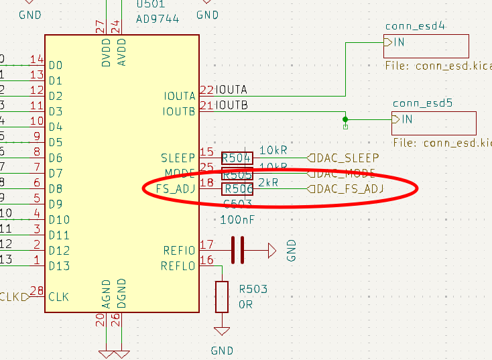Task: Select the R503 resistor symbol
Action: [x=222, y=296]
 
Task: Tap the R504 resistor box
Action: [x=237, y=158]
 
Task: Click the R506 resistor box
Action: [x=238, y=190]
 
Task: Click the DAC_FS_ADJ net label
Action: [x=350, y=190]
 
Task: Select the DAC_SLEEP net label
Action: [x=347, y=158]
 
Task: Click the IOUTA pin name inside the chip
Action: [x=180, y=96]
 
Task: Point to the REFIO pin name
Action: [x=180, y=251]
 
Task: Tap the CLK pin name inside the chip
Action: [x=59, y=297]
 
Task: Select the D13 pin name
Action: [x=59, y=266]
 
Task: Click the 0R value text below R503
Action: [x=245, y=304]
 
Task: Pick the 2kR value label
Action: [x=268, y=182]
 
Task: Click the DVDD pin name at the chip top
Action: [x=106, y=50]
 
